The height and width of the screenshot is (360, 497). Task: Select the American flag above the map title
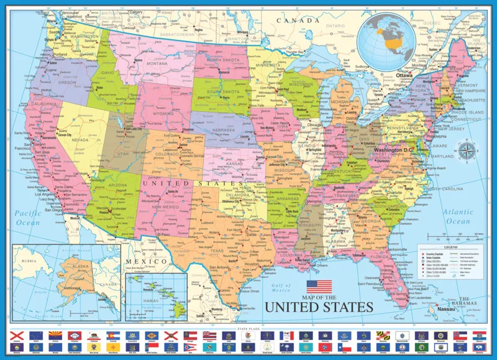319,287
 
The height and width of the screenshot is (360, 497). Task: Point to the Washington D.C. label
398,150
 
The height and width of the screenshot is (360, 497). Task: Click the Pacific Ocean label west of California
28,218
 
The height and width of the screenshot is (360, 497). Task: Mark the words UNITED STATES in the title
319,307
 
